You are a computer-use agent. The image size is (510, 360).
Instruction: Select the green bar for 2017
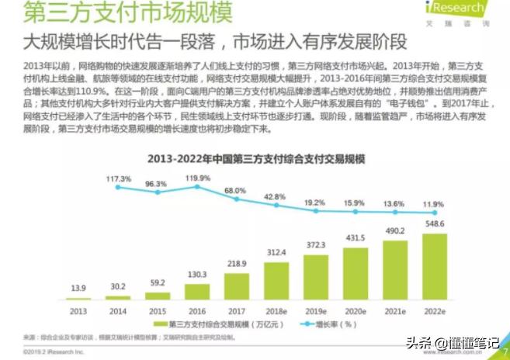237,287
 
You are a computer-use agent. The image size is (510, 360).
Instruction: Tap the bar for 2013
78,299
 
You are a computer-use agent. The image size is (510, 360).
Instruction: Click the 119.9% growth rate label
197,177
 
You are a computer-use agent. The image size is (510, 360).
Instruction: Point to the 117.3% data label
117,178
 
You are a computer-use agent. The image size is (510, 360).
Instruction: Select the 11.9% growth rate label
435,203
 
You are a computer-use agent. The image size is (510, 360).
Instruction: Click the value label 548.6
435,224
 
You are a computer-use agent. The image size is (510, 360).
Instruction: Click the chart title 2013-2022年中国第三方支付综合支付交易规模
256,159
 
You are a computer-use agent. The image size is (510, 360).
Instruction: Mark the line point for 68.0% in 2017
237,200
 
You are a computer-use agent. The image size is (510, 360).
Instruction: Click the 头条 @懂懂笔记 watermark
454,341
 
